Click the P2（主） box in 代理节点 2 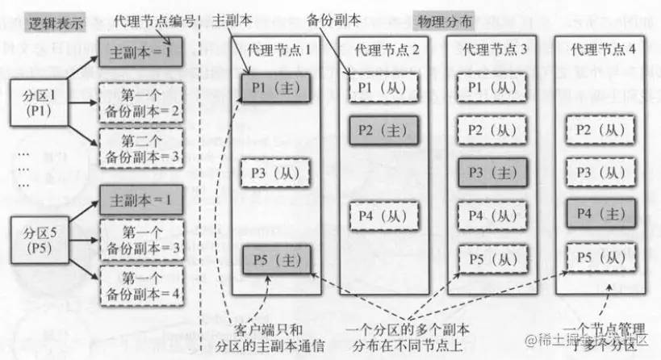pos(383,129)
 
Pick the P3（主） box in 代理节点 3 pos(492,173)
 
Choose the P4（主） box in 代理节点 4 pos(599,216)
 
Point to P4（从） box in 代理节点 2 pos(383,216)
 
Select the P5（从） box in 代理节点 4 pos(599,258)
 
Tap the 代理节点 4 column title pos(603,50)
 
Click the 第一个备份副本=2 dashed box pos(142,101)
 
